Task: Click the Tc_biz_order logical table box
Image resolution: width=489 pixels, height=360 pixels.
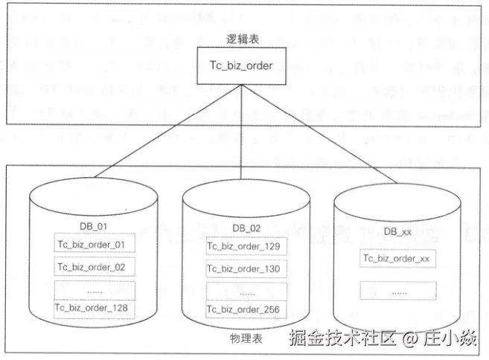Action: (x=236, y=66)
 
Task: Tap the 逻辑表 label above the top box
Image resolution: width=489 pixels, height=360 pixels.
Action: (x=237, y=39)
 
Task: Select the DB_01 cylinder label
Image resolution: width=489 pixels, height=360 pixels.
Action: (x=94, y=226)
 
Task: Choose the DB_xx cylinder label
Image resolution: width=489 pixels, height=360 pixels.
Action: (x=397, y=232)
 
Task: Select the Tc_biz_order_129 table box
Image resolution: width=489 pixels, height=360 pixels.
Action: (x=243, y=246)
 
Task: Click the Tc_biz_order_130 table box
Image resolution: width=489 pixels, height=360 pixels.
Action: (x=243, y=269)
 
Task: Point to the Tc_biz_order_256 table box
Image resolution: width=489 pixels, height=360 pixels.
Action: (x=243, y=309)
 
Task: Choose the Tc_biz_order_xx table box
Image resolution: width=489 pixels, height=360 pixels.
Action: (x=396, y=258)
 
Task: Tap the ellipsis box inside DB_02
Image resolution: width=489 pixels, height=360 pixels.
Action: (x=243, y=289)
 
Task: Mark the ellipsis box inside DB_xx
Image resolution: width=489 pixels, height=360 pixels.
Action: (x=396, y=290)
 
